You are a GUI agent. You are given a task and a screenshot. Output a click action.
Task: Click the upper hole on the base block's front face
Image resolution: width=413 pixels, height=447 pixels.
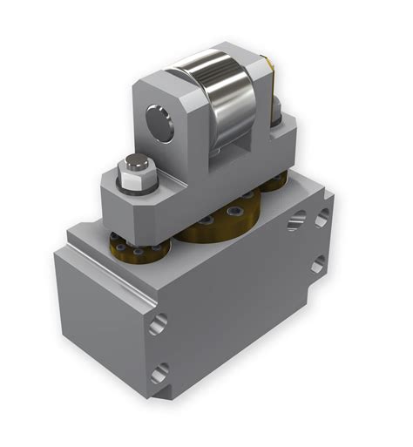(x=158, y=325)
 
